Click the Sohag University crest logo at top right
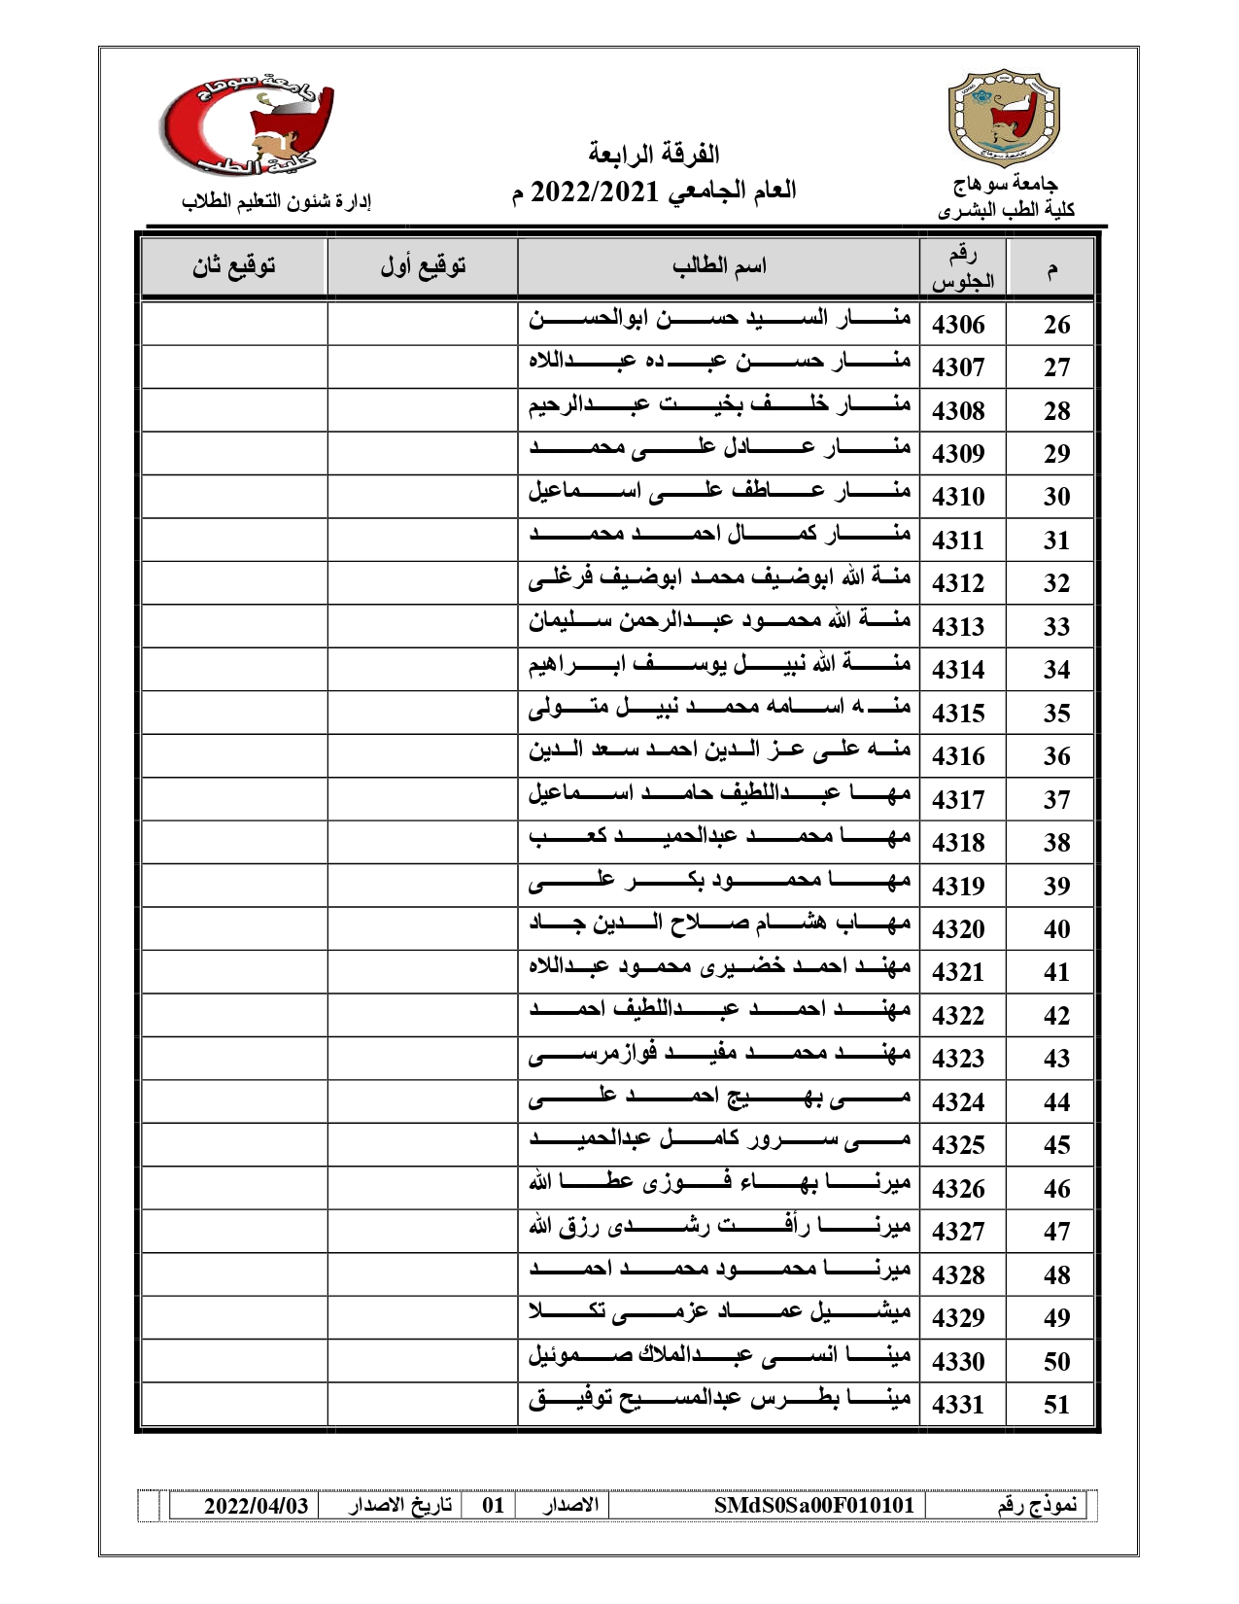[1004, 119]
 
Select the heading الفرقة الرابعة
[653, 154]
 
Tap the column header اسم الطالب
[719, 266]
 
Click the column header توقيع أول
[423, 266]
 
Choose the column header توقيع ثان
[234, 266]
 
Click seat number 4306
[958, 325]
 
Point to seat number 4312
[958, 583]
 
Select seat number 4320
[958, 929]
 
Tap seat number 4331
[958, 1405]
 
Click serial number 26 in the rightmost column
[1056, 325]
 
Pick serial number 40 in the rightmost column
[1056, 929]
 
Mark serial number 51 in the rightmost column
[1056, 1405]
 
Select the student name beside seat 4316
[719, 751]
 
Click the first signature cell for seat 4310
[423, 497]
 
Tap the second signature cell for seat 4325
[234, 1145]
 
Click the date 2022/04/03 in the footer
[257, 1506]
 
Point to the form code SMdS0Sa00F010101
[814, 1506]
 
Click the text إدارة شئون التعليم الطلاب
[278, 202]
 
